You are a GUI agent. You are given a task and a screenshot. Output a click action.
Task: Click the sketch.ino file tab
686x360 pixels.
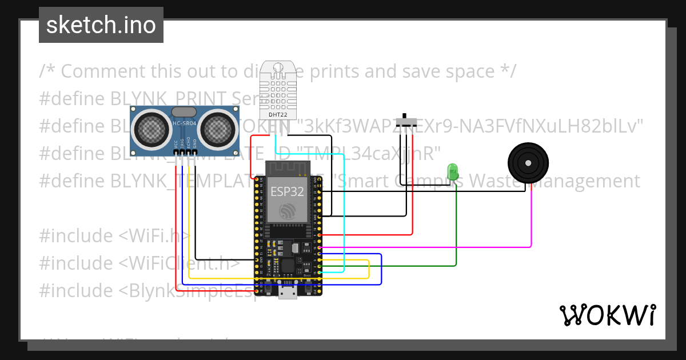(x=101, y=25)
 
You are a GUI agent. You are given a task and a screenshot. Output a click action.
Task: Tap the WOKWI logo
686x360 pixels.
(x=607, y=315)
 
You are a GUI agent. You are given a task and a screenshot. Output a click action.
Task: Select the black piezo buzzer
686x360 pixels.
(x=530, y=163)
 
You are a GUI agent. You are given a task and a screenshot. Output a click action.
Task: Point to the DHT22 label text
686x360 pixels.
(x=278, y=114)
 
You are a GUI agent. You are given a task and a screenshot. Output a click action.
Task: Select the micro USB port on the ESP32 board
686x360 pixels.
(x=288, y=292)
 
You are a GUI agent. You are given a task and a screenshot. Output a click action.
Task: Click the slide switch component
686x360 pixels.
(x=407, y=121)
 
